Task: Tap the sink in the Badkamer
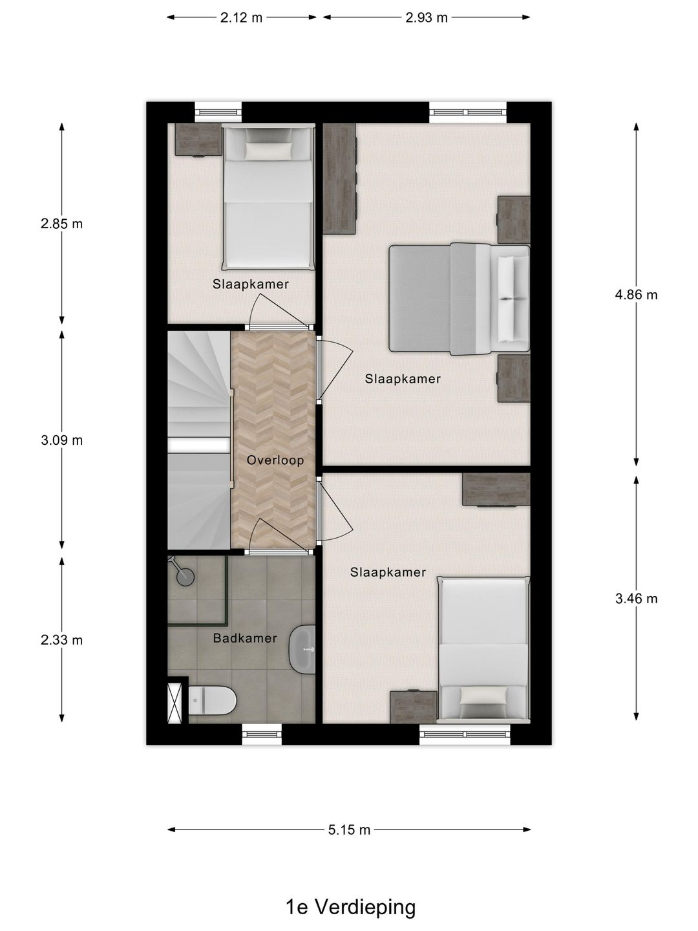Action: [302, 649]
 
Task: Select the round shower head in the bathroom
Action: [185, 577]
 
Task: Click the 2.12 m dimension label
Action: [241, 17]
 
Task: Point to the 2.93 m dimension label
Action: [427, 17]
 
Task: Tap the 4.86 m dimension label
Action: [636, 294]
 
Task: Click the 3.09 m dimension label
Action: [61, 440]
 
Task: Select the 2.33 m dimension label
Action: [61, 639]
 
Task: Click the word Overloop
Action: [275, 460]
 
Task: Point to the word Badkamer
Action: [244, 638]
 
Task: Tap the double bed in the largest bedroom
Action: [460, 299]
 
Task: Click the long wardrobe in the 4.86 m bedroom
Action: [339, 178]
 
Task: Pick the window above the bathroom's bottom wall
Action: [262, 734]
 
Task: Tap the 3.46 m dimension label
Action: [636, 599]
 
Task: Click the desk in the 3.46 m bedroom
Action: [496, 489]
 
